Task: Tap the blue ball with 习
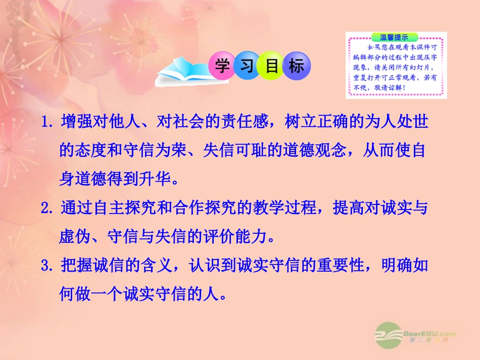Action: tap(246, 67)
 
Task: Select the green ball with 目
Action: tap(271, 67)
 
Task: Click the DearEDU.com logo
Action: tap(415, 335)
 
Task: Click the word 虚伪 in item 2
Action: tap(74, 237)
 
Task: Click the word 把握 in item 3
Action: tap(74, 266)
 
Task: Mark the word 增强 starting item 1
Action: tap(74, 123)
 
